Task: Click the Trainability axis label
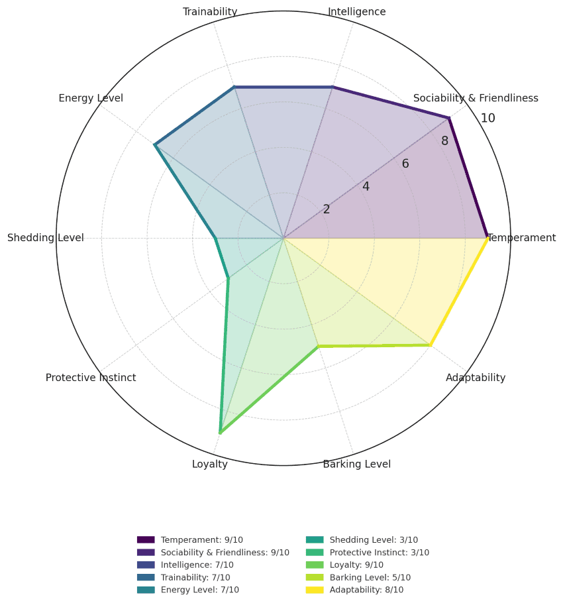[210, 12]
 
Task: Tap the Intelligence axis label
[356, 12]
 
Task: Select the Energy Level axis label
[91, 99]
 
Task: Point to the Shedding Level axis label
[46, 238]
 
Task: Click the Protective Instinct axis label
[91, 378]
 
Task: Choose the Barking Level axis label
[356, 464]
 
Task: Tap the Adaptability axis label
[476, 378]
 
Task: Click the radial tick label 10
[488, 119]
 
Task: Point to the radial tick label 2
[327, 209]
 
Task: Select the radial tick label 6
[405, 164]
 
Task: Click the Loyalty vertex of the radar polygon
[220, 433]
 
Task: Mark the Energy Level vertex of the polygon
[155, 144]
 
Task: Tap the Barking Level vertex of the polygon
[319, 346]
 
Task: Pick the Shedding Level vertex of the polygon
[215, 238]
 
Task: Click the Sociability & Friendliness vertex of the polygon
[449, 118]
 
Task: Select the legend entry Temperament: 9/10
[201, 540]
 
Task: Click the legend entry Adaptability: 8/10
[366, 590]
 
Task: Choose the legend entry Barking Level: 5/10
[370, 577]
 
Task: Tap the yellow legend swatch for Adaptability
[314, 590]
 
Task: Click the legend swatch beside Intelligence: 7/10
[146, 565]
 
